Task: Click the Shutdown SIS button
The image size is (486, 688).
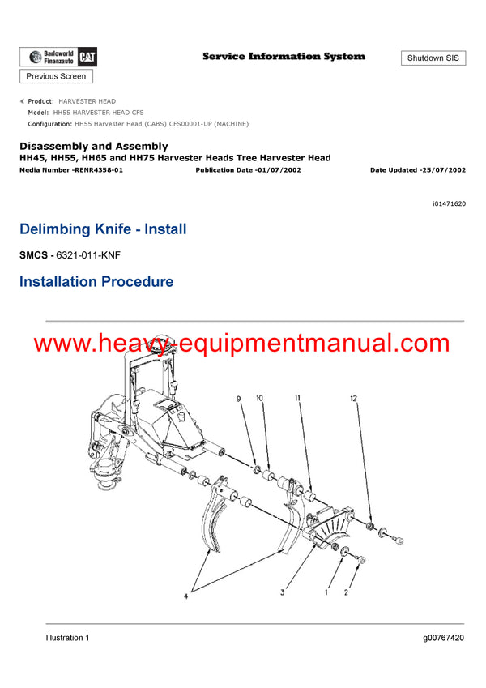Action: [x=433, y=58]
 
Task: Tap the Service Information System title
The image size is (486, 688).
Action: [x=283, y=57]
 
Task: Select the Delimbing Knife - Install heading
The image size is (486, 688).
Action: [x=103, y=229]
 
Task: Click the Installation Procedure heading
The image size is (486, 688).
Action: [x=96, y=282]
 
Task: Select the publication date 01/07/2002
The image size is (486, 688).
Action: [x=275, y=170]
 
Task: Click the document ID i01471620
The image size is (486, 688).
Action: [x=450, y=204]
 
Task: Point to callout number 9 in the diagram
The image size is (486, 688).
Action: [x=239, y=398]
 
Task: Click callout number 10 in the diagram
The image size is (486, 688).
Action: [x=260, y=398]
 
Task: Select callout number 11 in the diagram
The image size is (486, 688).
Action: [x=298, y=398]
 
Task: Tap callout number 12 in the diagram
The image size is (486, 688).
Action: [x=352, y=398]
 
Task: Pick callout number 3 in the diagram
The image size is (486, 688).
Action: [x=283, y=592]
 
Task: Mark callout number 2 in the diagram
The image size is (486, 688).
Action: [x=347, y=592]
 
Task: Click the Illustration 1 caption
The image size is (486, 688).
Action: [x=67, y=638]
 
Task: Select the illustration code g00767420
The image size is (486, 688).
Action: [x=443, y=638]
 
